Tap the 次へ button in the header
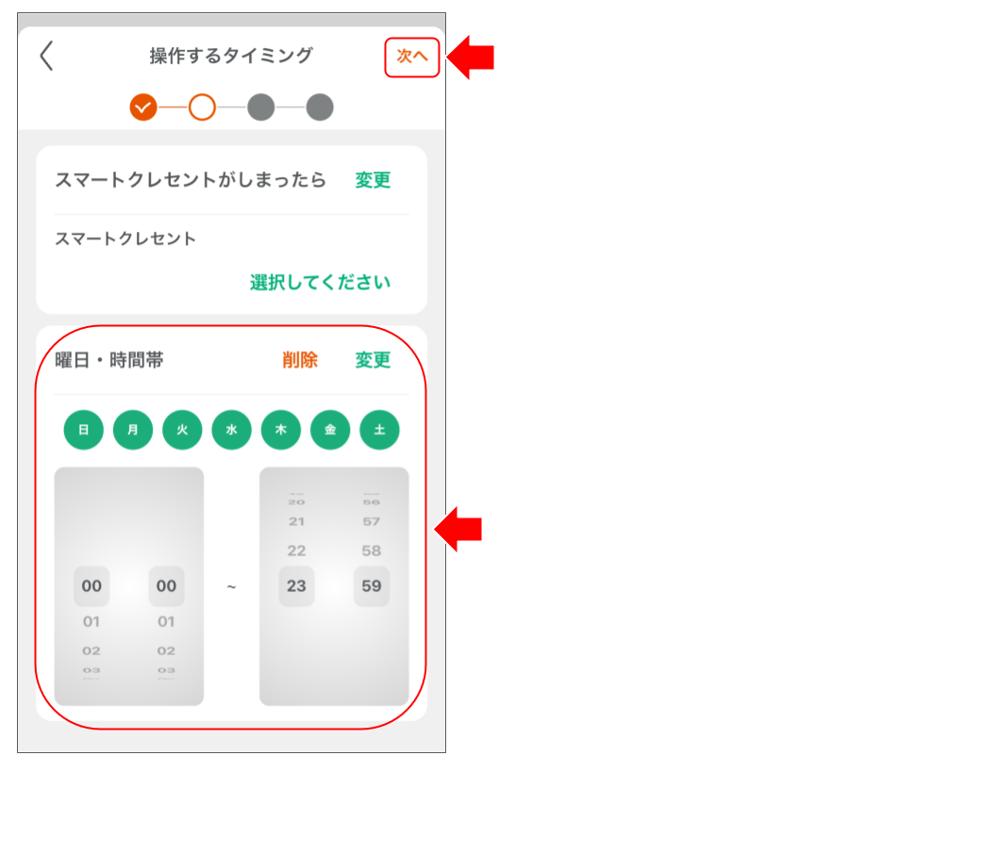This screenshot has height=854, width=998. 412,57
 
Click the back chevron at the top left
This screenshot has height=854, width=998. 46,57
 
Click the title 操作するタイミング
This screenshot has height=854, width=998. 231,57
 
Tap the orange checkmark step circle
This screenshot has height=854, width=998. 143,107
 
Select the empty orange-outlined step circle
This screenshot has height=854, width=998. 202,107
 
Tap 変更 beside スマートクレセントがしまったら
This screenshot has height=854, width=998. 373,180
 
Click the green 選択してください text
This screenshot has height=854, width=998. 320,283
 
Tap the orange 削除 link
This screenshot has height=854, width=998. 300,360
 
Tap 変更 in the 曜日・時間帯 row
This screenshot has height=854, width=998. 373,360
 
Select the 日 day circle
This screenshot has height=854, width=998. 84,430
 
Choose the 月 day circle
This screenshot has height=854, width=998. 133,430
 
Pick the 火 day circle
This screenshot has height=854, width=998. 182,430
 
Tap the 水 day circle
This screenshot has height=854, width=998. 231,430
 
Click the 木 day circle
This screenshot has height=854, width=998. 281,430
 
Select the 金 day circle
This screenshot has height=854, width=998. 330,430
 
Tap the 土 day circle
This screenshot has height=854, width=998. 379,430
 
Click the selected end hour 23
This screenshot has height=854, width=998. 296,586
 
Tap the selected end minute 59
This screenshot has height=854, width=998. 372,586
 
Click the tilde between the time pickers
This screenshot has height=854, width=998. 231,587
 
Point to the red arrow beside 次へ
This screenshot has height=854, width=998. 471,57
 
